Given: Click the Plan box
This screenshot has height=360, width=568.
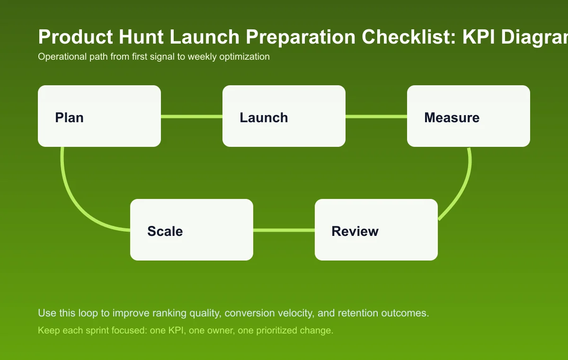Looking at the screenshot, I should (x=99, y=116).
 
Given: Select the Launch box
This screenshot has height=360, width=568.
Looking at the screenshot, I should (x=284, y=116).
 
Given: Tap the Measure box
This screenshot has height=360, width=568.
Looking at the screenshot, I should (x=469, y=116).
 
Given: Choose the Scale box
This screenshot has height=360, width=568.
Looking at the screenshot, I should (x=192, y=230).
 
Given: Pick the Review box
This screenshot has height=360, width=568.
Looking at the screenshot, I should (x=376, y=230).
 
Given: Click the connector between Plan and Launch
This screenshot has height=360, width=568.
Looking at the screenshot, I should (x=192, y=116).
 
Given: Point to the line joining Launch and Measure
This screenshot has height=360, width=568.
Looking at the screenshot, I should (x=376, y=116).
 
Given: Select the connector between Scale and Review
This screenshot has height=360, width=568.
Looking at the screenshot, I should (x=284, y=230).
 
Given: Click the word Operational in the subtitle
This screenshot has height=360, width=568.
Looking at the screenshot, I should (x=61, y=57).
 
